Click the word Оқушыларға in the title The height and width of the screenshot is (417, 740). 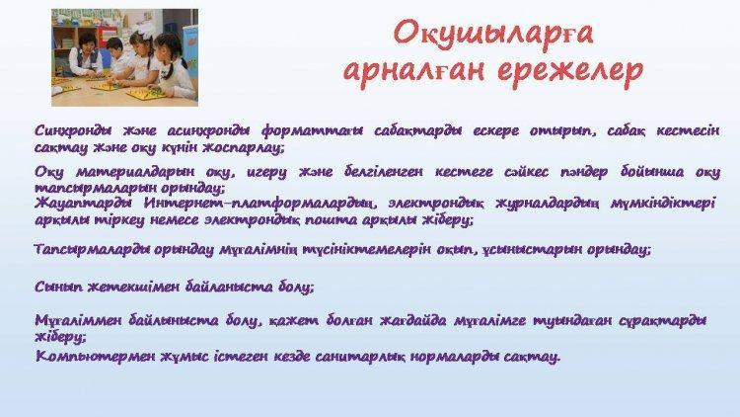(493, 34)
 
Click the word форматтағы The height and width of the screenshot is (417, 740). (312, 130)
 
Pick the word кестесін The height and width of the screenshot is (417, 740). (688, 130)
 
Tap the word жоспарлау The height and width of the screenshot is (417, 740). (244, 148)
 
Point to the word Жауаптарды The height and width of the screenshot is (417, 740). (83, 204)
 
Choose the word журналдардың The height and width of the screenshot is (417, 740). (548, 204)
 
